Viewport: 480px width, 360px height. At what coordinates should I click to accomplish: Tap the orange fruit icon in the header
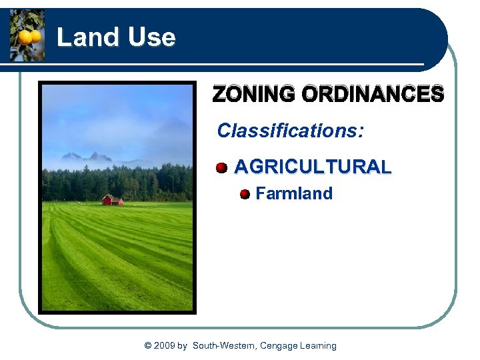27,36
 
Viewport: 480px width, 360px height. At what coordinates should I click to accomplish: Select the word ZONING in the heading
255,95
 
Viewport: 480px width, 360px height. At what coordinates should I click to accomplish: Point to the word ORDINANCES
373,95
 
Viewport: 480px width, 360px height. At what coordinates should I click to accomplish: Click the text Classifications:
290,131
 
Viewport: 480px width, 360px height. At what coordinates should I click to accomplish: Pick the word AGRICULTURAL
313,167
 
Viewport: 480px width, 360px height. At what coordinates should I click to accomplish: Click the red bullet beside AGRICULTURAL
221,167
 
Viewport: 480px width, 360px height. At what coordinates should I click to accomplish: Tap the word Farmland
294,194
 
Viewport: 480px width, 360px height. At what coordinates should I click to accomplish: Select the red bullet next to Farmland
245,194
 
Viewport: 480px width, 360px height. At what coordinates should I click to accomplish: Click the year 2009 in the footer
165,345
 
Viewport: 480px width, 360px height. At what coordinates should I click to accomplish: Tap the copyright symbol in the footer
148,345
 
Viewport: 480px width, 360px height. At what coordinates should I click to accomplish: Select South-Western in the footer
224,345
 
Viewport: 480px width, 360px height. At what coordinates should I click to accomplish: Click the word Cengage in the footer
279,345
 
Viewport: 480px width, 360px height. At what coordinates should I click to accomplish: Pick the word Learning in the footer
319,345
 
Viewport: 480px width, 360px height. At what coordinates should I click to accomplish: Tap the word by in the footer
183,345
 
